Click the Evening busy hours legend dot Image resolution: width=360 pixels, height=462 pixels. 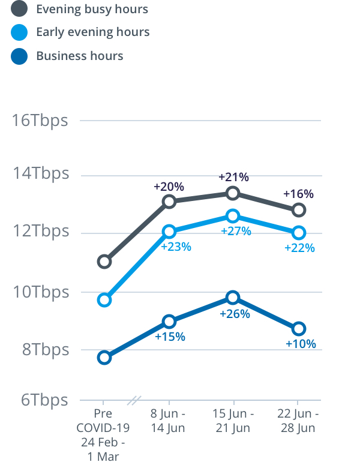pos(19,9)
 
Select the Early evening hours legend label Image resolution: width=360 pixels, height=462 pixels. pos(92,32)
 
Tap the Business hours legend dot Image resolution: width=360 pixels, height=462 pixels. pos(19,56)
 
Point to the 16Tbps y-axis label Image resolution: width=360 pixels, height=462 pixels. pos(41,120)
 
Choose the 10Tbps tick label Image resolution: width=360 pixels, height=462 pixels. pos(41,292)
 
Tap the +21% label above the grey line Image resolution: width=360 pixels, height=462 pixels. pos(233,177)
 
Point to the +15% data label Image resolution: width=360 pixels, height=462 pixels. pos(170,337)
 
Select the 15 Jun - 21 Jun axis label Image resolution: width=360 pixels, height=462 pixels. pos(233,421)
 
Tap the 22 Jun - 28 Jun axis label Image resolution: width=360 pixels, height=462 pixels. pos(298,421)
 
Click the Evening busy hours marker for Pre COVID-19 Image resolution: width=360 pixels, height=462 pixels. pos(104,261)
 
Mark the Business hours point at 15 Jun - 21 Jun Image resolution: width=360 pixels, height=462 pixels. pos(233,298)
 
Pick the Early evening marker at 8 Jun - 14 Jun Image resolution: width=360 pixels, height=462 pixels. pos(169,232)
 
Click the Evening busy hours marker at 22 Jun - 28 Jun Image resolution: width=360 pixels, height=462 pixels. pos(298,210)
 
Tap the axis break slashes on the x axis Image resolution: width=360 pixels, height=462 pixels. pos(136,400)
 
